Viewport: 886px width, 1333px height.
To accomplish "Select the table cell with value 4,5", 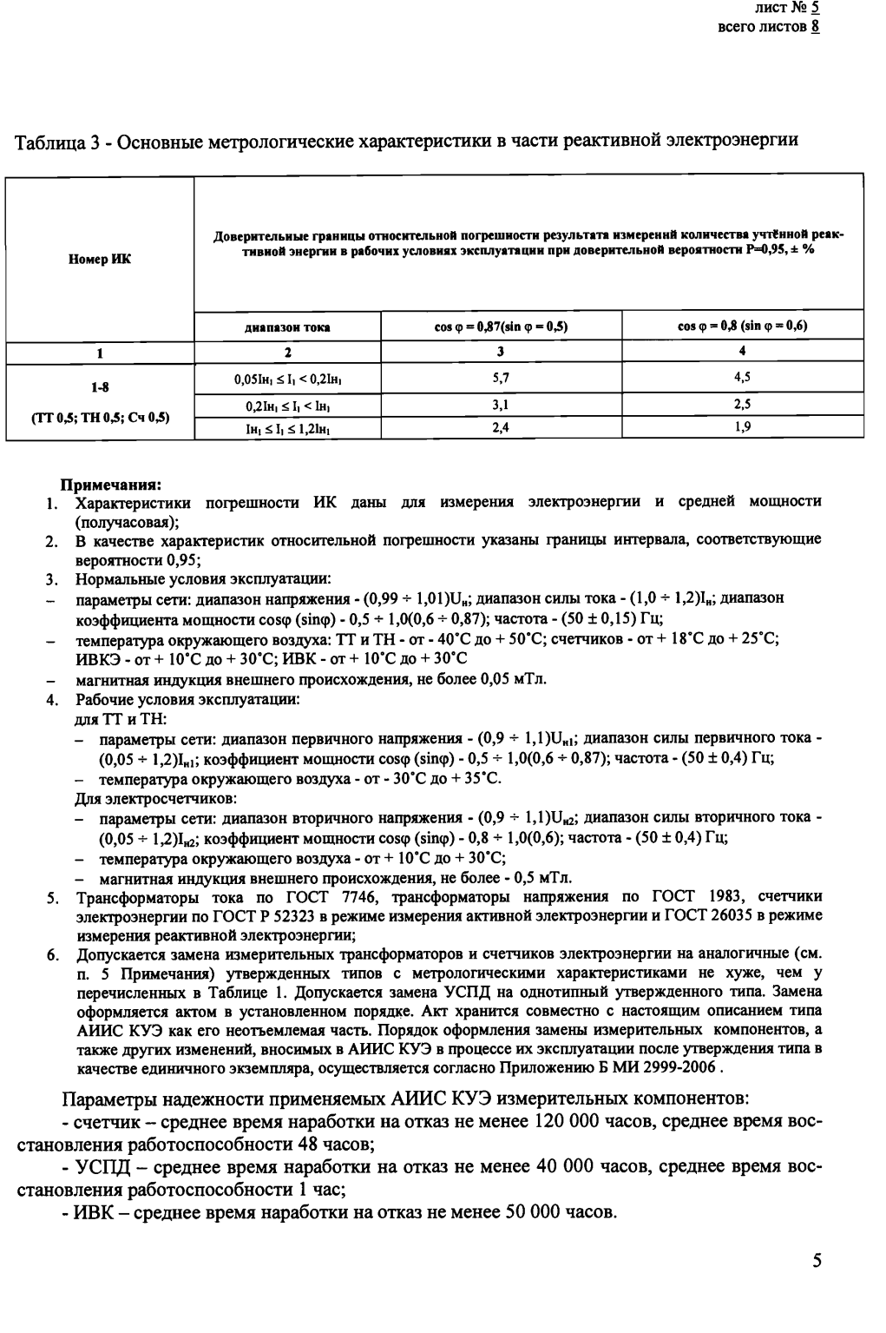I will (x=742, y=378).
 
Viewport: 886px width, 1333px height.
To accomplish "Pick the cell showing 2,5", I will (x=742, y=405).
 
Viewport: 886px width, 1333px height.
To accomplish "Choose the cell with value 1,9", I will (x=742, y=427).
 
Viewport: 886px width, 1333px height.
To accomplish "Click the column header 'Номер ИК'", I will (x=100, y=259).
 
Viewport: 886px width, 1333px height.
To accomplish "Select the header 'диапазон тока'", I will (x=287, y=327).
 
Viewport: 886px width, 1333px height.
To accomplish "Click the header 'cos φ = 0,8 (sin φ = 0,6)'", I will (x=742, y=327).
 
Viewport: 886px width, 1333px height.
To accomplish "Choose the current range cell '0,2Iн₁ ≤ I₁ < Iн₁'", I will (x=287, y=405).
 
